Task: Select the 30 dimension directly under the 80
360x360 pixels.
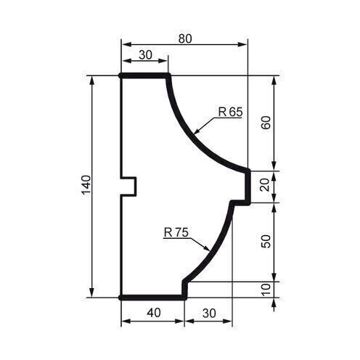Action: point(144,54)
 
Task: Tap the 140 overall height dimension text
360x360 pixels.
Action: point(85,187)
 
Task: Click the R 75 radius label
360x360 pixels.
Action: point(176,233)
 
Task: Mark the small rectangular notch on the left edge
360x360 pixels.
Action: point(128,187)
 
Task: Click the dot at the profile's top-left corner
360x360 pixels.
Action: point(120,75)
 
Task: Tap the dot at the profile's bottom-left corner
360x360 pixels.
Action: point(120,297)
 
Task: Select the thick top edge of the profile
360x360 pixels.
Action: point(144,75)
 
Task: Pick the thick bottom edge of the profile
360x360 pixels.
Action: point(152,297)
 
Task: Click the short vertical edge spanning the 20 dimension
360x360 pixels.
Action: point(248,186)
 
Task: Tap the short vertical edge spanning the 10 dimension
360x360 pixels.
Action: point(184,289)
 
